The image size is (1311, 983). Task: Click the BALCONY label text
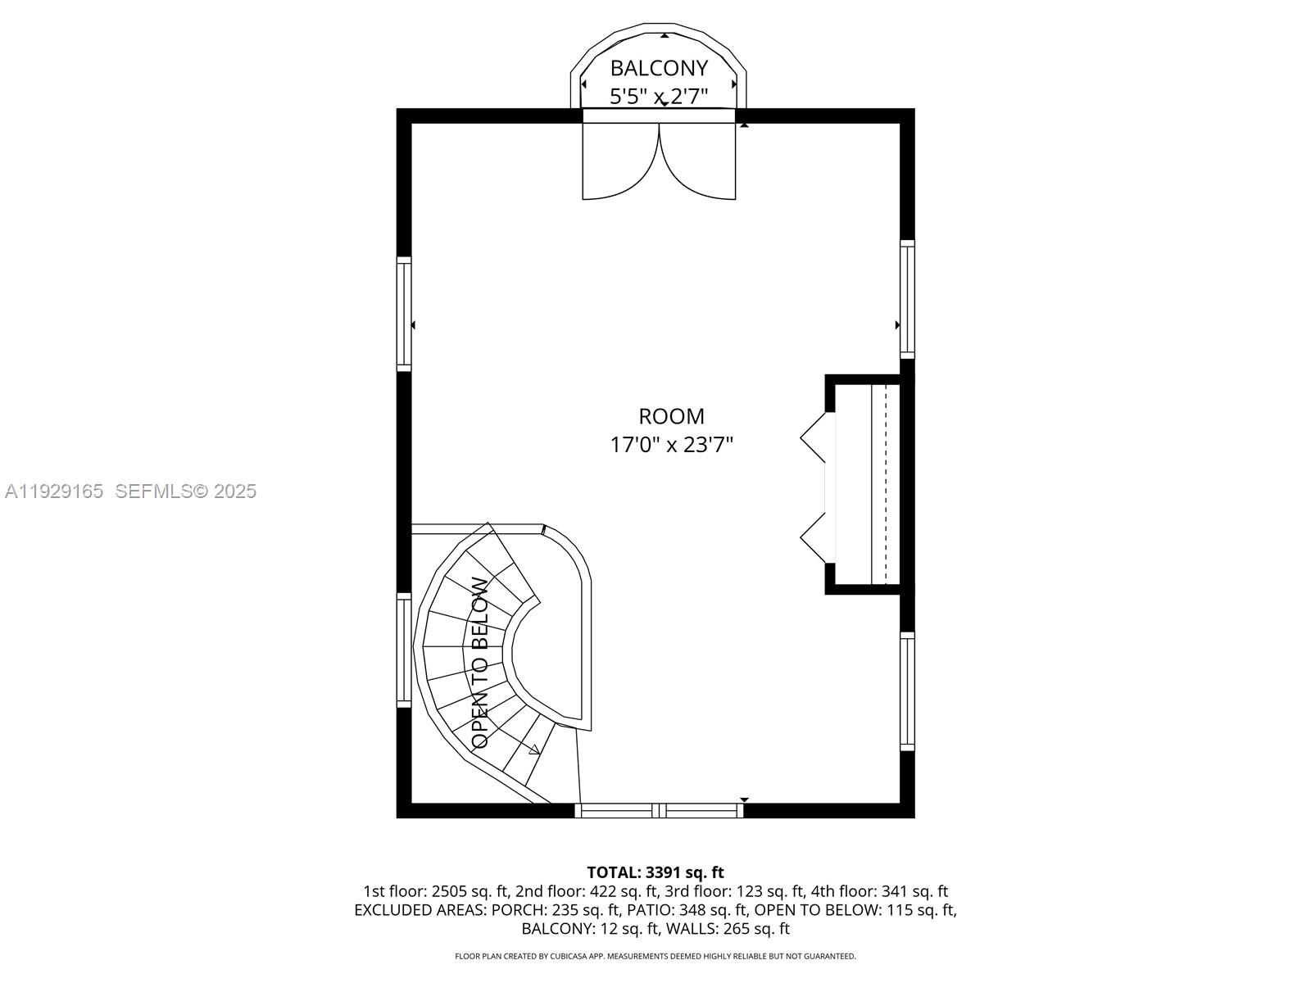click(659, 67)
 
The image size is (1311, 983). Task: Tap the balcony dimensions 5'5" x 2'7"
click(659, 97)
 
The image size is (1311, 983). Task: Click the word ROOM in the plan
click(671, 416)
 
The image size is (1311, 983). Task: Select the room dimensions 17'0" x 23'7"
click(671, 445)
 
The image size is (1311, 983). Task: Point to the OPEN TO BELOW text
click(481, 663)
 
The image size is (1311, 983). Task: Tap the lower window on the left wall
click(404, 650)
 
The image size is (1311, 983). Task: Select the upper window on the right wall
click(907, 299)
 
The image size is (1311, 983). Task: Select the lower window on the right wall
click(907, 691)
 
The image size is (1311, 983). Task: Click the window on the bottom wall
click(659, 811)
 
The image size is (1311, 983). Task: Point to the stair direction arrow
click(534, 749)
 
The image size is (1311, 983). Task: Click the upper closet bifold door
click(815, 437)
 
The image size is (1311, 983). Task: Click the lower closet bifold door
click(815, 537)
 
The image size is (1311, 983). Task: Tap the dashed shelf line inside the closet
click(887, 483)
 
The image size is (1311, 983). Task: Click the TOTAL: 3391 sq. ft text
click(655, 872)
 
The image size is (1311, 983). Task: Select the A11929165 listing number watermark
click(54, 491)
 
